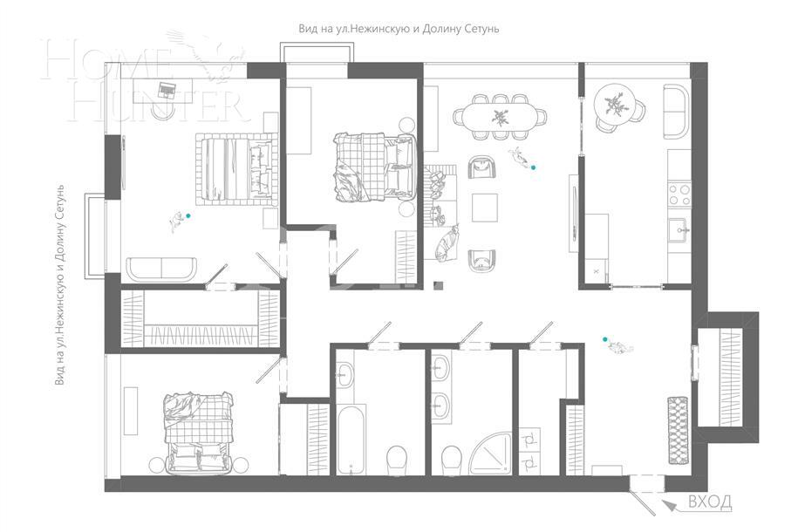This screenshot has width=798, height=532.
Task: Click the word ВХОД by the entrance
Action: [x=710, y=501]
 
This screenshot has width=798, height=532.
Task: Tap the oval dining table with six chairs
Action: [x=500, y=115]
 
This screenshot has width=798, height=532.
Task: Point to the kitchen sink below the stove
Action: [x=679, y=230]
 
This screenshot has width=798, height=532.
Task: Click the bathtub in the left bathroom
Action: [x=350, y=440]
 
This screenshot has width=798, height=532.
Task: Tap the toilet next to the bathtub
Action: [x=397, y=457]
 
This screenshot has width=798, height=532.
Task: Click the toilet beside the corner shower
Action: [x=452, y=457]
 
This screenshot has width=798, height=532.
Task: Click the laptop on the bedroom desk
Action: [x=167, y=86]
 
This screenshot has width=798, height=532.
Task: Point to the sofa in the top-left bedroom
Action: [x=163, y=269]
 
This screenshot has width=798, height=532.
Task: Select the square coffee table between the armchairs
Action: [x=485, y=208]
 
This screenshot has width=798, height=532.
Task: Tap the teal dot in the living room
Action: [x=535, y=167]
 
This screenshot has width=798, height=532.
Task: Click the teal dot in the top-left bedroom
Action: [x=188, y=215]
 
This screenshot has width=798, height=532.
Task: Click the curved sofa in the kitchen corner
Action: [x=676, y=111]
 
